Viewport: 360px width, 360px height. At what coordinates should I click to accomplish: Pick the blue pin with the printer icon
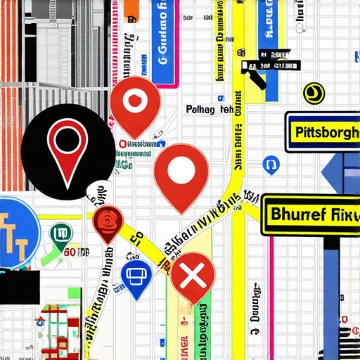pos(136,274)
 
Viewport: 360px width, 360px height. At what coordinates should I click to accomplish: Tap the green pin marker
pos(61,234)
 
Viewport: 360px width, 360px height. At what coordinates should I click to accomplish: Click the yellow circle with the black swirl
pos(314,92)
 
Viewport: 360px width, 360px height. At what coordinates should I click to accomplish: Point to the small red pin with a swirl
pos(108,221)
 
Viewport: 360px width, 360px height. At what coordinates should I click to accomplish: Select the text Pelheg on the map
pos(202,110)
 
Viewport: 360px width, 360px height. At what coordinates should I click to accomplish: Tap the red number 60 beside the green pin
pos(70,252)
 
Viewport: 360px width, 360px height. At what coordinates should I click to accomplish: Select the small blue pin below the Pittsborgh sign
pos(270,165)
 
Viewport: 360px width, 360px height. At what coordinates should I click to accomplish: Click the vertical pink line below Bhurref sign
pos(271,295)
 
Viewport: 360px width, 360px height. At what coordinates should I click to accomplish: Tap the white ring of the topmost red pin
pos(136,101)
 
